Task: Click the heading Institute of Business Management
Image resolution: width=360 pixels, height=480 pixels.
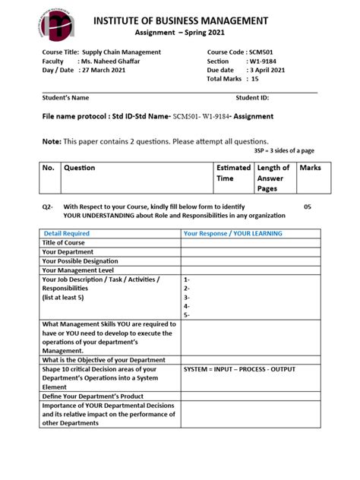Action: click(202, 20)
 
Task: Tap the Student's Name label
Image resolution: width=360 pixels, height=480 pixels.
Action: click(65, 98)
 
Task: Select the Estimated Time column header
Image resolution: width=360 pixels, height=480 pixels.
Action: click(232, 173)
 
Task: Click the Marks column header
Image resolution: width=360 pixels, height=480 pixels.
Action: click(310, 168)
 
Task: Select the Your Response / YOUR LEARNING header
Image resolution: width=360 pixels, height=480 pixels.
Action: click(232, 234)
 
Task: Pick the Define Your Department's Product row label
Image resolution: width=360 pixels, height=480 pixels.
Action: click(95, 396)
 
